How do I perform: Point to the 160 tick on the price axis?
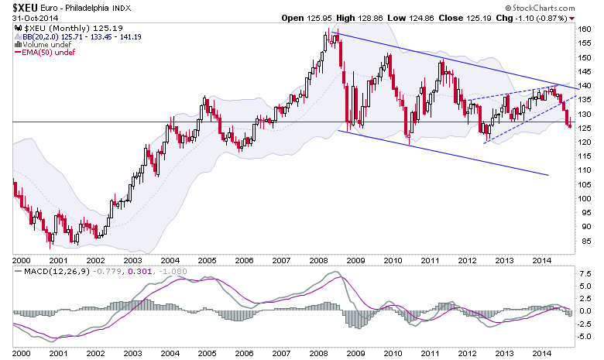585,29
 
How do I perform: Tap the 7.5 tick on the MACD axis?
586,273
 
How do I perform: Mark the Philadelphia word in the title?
101,8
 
